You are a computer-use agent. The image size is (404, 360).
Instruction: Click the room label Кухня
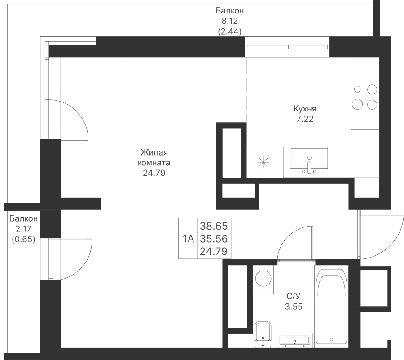pos(305,109)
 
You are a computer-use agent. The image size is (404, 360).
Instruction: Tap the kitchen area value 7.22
pos(305,119)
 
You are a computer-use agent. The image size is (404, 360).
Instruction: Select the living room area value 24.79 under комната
pos(154,173)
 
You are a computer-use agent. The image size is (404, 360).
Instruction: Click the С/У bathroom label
pos(294,296)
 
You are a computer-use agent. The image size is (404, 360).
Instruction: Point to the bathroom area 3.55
pos(294,307)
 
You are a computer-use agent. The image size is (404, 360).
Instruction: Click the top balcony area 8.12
pos(229,21)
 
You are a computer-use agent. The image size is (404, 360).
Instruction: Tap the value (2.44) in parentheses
pos(229,31)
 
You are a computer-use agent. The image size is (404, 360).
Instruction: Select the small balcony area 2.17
pos(23,229)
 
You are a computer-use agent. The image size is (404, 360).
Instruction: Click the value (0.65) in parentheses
pos(23,239)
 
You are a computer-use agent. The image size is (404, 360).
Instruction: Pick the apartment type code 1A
pos(188,239)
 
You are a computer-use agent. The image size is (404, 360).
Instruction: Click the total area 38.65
pos(214,226)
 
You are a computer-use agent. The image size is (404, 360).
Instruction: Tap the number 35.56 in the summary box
pos(214,239)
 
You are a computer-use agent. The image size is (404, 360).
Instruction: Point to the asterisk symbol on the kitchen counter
pos(263,162)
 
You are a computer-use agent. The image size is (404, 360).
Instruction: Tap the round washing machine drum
pos(263,278)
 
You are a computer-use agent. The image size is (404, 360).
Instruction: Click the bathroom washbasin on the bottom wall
pos(295,340)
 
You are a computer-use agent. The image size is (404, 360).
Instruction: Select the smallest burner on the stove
pos(357,89)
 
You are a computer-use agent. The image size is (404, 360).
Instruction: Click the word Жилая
pos(154,152)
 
